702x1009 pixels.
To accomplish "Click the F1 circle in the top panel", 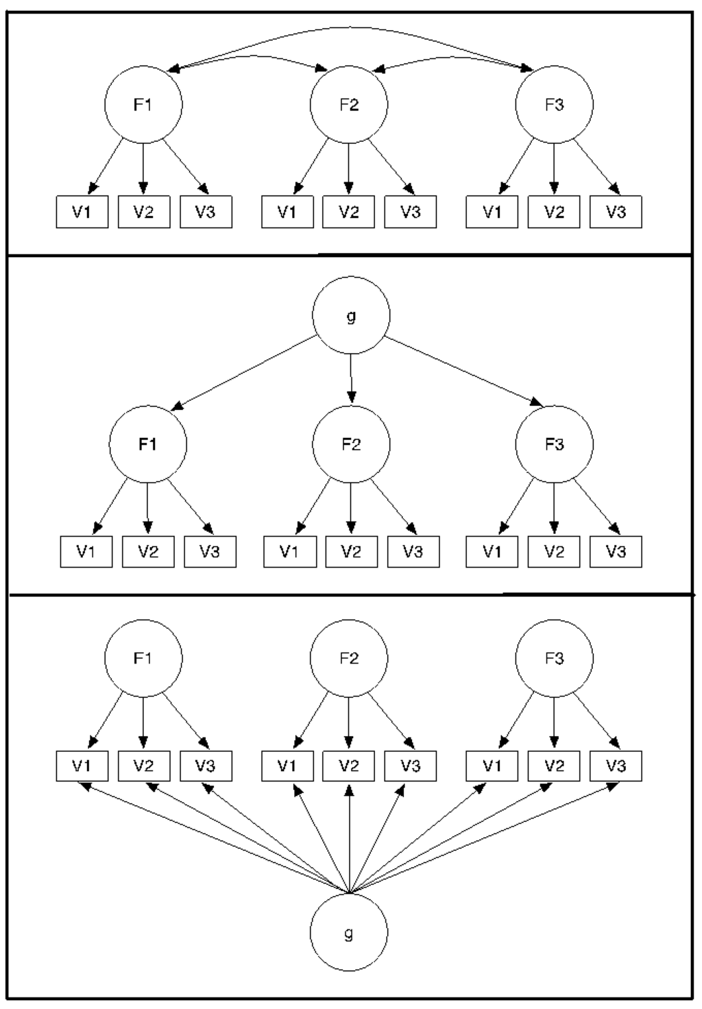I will click(x=143, y=105).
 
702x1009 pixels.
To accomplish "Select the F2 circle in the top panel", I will click(x=348, y=105).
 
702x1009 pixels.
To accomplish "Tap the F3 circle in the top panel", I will click(x=554, y=105).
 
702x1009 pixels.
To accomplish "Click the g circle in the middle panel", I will click(x=351, y=316).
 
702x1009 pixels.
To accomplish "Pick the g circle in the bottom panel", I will click(x=348, y=933).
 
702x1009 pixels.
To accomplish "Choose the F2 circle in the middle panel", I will click(x=351, y=444).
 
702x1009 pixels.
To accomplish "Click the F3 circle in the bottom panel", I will click(x=554, y=658).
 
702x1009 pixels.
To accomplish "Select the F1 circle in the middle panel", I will click(x=147, y=444).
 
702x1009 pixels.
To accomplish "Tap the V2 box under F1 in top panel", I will click(x=143, y=212).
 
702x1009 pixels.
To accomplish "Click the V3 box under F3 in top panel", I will click(x=616, y=212).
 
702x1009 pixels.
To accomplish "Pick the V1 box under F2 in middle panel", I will click(x=290, y=552).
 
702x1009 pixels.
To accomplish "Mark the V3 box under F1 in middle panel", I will click(x=210, y=552).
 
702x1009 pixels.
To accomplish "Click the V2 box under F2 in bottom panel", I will click(x=348, y=766).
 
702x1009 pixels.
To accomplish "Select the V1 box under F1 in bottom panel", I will click(x=82, y=766).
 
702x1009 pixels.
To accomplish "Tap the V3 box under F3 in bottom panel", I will click(x=616, y=766).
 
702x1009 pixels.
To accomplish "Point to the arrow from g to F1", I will click(x=243, y=374).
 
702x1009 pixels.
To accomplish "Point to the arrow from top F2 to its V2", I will click(x=348, y=168).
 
